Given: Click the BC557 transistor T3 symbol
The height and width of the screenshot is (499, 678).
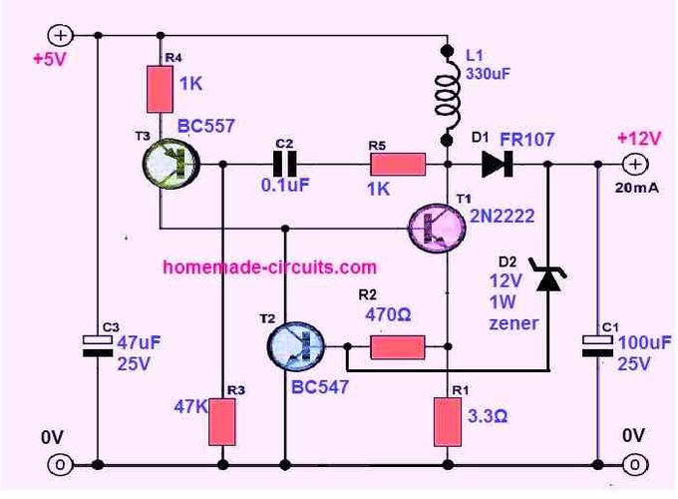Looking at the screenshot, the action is coord(170,164).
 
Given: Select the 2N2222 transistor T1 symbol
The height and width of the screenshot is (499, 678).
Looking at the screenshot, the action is coord(437,229).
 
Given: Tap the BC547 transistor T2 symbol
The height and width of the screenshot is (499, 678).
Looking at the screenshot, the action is coord(296,346).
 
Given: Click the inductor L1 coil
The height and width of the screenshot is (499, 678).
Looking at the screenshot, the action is coord(448,95).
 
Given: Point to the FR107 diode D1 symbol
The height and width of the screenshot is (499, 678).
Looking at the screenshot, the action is coord(498,164).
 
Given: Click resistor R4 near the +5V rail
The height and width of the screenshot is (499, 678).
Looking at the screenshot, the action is coord(160,89).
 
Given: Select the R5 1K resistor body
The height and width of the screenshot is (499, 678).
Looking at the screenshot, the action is coord(398,165).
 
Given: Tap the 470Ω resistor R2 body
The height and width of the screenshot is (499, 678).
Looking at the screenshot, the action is coord(398,347).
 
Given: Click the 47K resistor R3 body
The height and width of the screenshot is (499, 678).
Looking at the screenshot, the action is coord(222,422).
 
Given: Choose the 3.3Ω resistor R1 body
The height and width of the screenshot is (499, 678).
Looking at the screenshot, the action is coord(448,422).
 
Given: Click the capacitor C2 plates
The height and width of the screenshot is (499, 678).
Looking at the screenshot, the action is coord(284,164).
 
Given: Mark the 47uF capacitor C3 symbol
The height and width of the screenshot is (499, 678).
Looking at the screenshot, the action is coord(98,346).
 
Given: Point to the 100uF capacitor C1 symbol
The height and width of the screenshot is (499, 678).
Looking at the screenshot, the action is coord(597,346).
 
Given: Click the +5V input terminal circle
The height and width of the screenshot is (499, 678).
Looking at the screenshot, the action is coord(60,36).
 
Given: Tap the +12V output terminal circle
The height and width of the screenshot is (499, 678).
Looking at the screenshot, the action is coord(635,165).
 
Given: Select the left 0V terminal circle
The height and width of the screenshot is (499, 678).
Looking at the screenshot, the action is coord(60,465).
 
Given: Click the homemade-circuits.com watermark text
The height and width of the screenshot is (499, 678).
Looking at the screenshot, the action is coord(270,267).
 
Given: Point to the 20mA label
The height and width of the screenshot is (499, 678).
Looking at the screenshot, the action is coord(637,188).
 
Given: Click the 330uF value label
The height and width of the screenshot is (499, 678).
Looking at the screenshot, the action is coord(488,74).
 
